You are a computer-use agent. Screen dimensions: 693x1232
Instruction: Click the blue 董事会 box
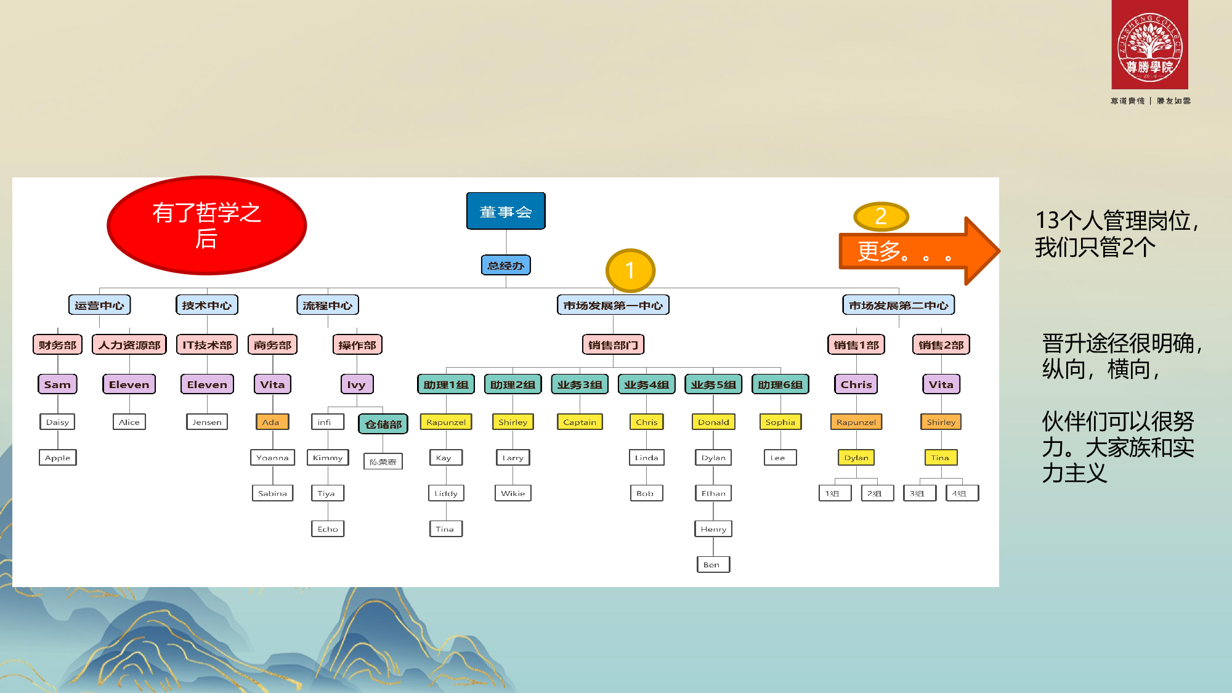506,211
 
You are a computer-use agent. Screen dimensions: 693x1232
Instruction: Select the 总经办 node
506,265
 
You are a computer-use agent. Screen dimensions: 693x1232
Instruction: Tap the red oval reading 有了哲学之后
207,225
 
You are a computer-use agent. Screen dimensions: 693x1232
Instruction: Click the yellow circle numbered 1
630,270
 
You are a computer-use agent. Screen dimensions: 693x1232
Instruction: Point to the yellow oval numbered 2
881,216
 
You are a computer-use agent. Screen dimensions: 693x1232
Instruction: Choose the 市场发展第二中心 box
898,305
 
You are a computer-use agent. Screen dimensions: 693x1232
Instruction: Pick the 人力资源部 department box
129,345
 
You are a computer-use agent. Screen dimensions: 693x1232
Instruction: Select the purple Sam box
57,384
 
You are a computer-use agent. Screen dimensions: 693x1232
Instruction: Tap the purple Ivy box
356,384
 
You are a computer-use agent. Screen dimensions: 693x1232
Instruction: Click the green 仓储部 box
383,424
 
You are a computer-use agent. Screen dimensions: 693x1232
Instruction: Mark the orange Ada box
271,422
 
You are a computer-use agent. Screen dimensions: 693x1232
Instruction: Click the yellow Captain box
580,422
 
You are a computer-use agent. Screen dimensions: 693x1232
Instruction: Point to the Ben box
713,564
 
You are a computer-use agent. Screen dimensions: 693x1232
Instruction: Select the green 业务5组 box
713,384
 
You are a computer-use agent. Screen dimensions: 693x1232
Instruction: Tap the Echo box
328,529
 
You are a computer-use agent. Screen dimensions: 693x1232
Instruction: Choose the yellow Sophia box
780,422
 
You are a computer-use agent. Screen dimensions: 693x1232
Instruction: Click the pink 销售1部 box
856,345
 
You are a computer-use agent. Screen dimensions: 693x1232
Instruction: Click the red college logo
1149,46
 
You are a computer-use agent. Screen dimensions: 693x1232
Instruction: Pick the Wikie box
513,493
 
